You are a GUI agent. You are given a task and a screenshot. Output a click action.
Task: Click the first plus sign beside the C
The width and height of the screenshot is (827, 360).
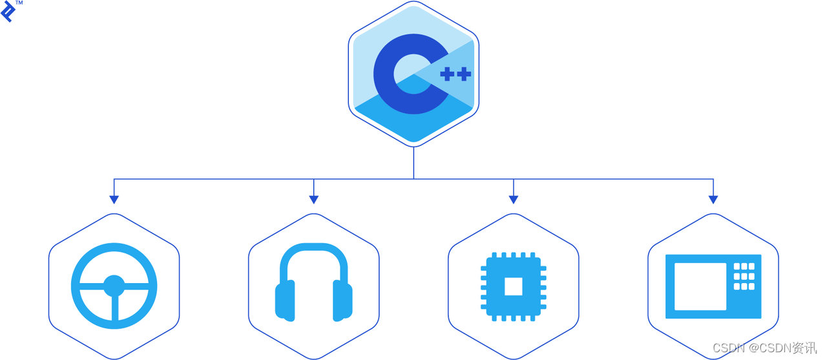pyautogui.click(x=446, y=74)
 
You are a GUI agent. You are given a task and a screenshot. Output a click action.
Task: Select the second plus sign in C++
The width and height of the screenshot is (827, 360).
pyautogui.click(x=464, y=74)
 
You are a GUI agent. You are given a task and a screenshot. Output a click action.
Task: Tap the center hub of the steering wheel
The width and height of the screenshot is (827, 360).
pyautogui.click(x=114, y=285)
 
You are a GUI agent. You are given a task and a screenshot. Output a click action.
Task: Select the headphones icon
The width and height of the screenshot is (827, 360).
pyautogui.click(x=314, y=282)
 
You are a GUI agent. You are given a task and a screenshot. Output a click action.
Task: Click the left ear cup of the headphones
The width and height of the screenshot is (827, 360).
pyautogui.click(x=285, y=301)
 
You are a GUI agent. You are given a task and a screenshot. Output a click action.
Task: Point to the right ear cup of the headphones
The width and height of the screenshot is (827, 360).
pyautogui.click(x=342, y=301)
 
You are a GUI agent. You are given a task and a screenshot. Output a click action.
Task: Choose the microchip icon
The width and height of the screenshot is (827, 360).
pyautogui.click(x=514, y=286)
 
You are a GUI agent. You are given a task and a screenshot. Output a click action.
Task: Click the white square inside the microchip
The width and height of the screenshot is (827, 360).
pyautogui.click(x=514, y=286)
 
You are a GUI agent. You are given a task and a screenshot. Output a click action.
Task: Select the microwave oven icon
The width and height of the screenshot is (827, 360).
pyautogui.click(x=713, y=286)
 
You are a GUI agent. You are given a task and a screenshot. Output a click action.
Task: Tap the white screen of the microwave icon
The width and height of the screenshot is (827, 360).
pyautogui.click(x=700, y=286)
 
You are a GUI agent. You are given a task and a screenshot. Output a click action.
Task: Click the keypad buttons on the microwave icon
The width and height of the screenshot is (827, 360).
pyautogui.click(x=744, y=276)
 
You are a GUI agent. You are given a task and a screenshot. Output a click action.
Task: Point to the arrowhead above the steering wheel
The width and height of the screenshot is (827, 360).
pyautogui.click(x=114, y=200)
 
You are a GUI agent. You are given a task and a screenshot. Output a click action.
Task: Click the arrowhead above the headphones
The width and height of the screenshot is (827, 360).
pyautogui.click(x=313, y=200)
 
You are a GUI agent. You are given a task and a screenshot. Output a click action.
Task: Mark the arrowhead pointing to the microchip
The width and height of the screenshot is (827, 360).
pyautogui.click(x=513, y=200)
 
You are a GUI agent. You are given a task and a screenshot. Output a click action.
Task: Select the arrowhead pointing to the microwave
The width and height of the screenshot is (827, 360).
pyautogui.click(x=713, y=200)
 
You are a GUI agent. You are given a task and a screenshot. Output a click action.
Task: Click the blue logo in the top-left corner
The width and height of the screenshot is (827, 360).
pyautogui.click(x=8, y=12)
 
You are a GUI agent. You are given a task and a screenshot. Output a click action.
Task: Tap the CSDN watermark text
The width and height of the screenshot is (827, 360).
pyautogui.click(x=764, y=348)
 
